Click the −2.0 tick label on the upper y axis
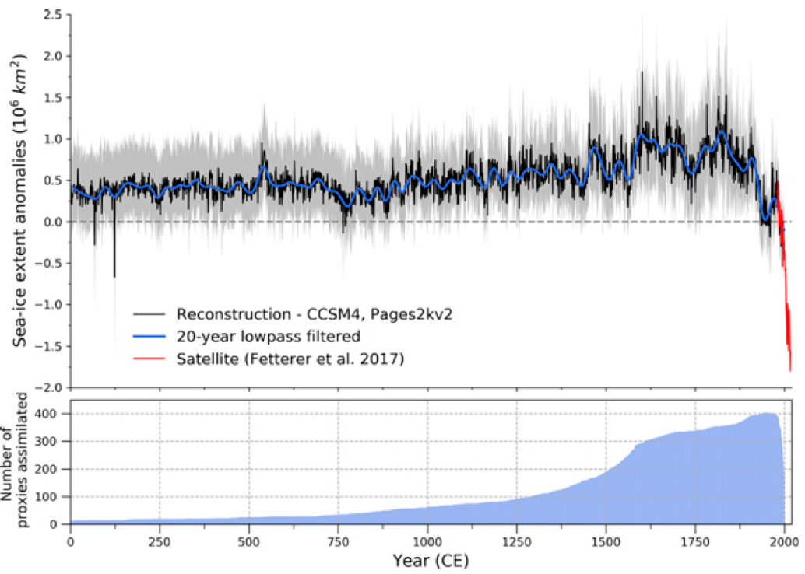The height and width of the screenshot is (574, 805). coord(49,387)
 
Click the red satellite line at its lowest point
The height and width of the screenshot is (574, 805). coord(790,371)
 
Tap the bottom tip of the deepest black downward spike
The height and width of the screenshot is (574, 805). coord(114,277)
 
